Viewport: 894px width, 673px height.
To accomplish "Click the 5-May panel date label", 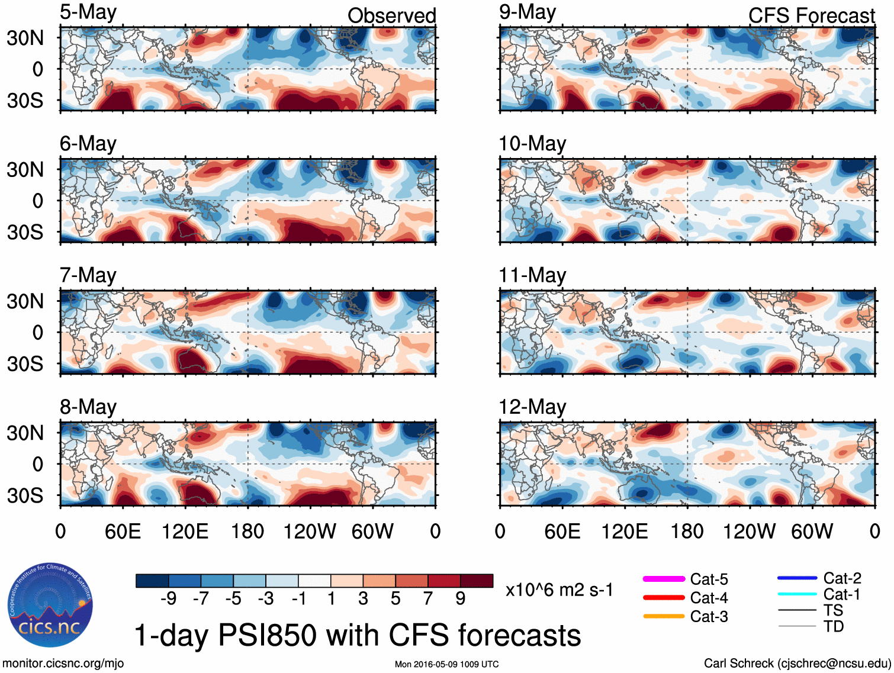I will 88,12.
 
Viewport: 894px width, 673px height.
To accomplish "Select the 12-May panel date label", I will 532,407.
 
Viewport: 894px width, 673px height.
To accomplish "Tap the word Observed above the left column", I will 391,16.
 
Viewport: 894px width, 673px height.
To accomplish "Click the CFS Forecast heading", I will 811,16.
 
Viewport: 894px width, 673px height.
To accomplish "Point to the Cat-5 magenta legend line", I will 664,579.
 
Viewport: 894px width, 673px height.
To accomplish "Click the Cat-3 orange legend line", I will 664,616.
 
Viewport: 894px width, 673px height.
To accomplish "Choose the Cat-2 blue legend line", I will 797,578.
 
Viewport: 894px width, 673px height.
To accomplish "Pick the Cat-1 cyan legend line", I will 797,594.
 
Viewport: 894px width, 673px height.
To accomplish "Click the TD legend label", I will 834,626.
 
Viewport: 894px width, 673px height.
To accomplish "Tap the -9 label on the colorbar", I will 168,598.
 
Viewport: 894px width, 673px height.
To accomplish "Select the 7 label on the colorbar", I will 428,598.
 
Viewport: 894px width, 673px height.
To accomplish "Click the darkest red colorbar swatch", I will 477,581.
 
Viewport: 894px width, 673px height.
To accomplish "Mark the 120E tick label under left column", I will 185,532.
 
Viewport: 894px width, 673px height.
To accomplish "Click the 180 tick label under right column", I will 687,532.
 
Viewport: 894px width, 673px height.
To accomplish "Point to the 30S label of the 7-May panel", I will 25,363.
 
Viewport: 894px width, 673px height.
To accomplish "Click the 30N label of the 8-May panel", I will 25,433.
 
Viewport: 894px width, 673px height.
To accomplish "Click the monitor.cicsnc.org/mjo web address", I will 63,664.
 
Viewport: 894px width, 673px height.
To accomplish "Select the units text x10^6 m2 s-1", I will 559,590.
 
